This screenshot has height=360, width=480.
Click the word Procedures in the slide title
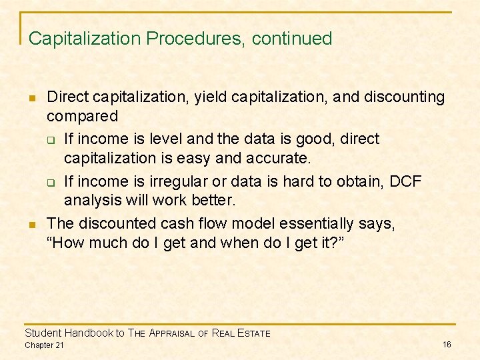click(195, 39)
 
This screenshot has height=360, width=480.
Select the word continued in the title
click(291, 39)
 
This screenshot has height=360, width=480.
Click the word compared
click(82, 116)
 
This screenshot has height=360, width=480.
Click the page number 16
click(447, 344)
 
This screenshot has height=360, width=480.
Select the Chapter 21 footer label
click(44, 345)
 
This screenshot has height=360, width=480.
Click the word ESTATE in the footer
click(253, 333)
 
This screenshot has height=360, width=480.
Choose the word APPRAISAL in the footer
click(173, 333)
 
